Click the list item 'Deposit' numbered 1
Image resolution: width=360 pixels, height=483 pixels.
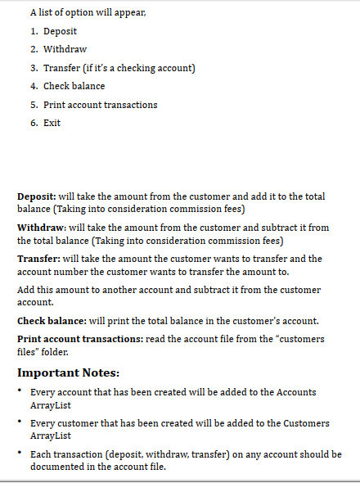pyautogui.click(x=60, y=31)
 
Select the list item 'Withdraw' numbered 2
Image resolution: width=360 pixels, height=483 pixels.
pyautogui.click(x=65, y=49)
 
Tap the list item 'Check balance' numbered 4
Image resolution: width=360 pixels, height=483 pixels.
pyautogui.click(x=74, y=86)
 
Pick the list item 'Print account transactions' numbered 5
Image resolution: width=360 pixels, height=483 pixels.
pyautogui.click(x=100, y=105)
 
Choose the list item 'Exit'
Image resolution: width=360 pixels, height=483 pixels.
pyautogui.click(x=52, y=123)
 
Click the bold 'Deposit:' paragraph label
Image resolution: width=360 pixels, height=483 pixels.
pyautogui.click(x=37, y=196)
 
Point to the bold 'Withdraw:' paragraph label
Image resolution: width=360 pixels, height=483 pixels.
pyautogui.click(x=42, y=227)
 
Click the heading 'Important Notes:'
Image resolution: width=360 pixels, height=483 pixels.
pyautogui.click(x=69, y=372)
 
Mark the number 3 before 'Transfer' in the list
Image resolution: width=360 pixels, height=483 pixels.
pyautogui.click(x=34, y=68)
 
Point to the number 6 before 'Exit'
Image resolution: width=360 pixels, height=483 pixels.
pyautogui.click(x=34, y=123)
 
